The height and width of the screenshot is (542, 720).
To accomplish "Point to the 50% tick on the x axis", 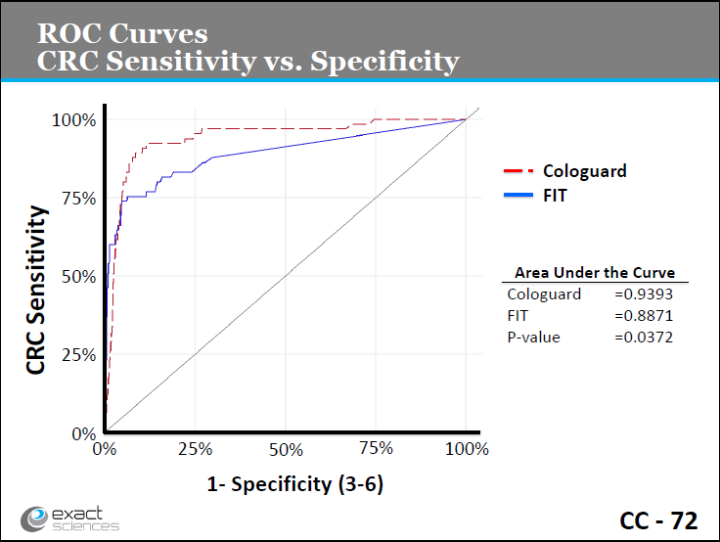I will tap(286, 448).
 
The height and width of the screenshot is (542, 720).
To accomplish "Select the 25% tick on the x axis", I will tap(196, 448).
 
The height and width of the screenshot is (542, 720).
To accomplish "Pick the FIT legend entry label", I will tap(555, 195).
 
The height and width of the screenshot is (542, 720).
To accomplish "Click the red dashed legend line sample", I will tap(517, 171).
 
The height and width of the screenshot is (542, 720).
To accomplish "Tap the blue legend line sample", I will tap(517, 195).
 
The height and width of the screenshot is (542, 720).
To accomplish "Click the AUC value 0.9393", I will tap(644, 294).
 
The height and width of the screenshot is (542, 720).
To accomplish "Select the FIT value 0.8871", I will tap(644, 315).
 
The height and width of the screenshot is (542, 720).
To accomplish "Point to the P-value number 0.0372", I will tap(644, 337).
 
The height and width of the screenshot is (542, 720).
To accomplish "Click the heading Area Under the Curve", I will tap(595, 273).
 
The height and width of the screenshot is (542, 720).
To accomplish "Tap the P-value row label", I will tap(533, 337).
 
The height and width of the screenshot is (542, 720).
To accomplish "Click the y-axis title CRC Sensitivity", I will tap(37, 290).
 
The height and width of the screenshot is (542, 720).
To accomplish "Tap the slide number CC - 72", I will tap(658, 520).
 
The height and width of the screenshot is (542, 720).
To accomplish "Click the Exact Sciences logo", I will tap(70, 519).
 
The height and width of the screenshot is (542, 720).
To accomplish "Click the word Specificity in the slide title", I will tap(384, 61).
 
